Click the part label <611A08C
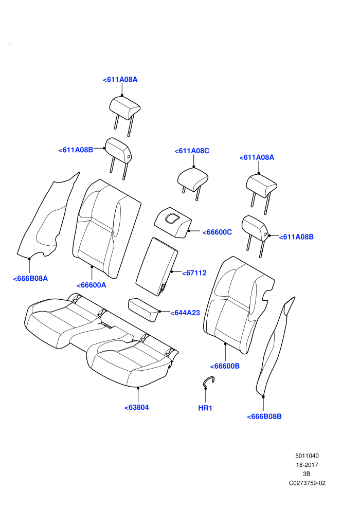coord(192,151)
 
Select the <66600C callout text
coord(217,232)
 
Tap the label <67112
coord(194,273)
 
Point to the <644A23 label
coord(185,313)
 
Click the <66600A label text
coord(91,285)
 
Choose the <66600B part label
coord(225,366)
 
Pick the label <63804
coord(137,407)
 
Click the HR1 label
coord(205,408)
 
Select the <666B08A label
coord(30,279)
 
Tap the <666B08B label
coord(264,416)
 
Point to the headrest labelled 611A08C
coord(193,183)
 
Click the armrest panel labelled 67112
coord(156,266)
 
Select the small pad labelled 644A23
coord(144,310)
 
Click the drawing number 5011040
coord(307,456)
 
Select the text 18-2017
coord(307,465)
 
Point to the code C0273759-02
coord(307,483)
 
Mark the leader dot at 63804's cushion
coord(138,388)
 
